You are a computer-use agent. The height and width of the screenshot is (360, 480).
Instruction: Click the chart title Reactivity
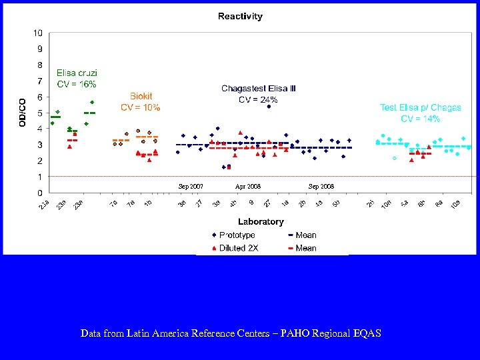(x=240, y=16)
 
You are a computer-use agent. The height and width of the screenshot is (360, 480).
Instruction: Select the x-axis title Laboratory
(x=261, y=221)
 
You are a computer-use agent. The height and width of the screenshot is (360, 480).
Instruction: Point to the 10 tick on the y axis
(x=38, y=33)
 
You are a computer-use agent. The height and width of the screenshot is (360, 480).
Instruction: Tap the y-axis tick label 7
(x=40, y=81)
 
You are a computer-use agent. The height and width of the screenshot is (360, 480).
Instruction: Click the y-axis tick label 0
(x=40, y=193)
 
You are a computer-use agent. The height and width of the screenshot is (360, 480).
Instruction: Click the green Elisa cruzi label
(x=77, y=73)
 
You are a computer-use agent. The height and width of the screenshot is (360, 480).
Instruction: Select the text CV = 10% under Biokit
(x=140, y=107)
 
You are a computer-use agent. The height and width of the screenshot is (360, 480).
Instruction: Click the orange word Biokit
(x=141, y=96)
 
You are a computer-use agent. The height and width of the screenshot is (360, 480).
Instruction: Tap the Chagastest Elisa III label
(x=259, y=88)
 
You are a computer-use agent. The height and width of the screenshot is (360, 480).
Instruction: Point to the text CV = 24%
(x=259, y=99)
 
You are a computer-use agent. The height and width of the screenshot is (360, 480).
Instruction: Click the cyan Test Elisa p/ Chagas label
(x=420, y=107)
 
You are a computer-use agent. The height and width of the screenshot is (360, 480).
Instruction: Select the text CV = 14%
(x=420, y=119)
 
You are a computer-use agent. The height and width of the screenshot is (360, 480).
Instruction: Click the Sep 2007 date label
(x=191, y=187)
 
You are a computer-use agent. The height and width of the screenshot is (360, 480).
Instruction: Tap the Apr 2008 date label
(x=248, y=187)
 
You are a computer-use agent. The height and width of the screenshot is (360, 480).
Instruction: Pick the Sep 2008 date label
(x=321, y=187)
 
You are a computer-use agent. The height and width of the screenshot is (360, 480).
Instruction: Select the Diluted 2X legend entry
(x=238, y=248)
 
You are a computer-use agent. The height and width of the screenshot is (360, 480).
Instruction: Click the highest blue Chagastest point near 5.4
(x=269, y=107)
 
